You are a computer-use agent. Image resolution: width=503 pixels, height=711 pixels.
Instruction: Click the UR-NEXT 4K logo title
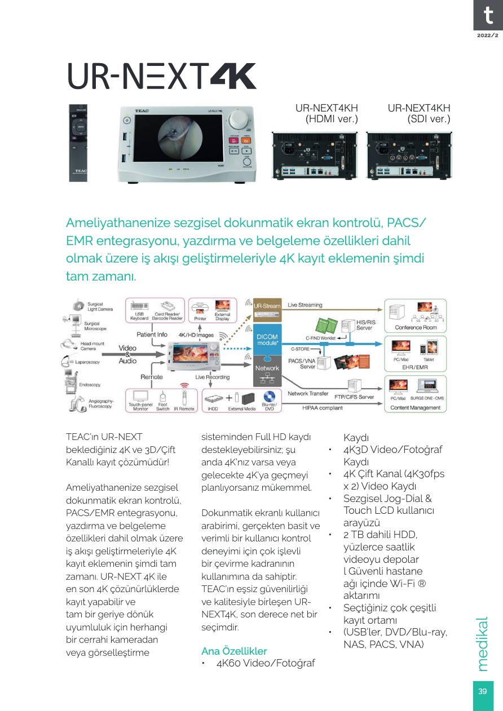pos(162,76)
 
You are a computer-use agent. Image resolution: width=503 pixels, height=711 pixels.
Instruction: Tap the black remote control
pos(78,142)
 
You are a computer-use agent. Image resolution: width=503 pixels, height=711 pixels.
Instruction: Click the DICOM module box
pos(267,340)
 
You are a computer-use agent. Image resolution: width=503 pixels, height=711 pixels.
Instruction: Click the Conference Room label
pos(416,327)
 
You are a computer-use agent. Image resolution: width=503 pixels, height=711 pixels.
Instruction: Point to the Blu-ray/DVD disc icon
pos(269,398)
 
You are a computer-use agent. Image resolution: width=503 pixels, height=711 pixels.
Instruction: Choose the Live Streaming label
pos(305,305)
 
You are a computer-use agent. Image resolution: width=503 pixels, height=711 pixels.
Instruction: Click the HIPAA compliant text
pos(323,407)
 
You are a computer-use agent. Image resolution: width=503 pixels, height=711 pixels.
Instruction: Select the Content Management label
pos(416,407)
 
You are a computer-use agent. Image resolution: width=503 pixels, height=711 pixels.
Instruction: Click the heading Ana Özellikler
pos(234,651)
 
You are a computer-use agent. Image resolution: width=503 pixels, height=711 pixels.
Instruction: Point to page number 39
pos(482,692)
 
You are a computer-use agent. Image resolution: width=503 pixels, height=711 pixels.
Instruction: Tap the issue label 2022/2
pos(488,35)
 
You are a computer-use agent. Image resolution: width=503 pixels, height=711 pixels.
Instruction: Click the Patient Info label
pos(152,334)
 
